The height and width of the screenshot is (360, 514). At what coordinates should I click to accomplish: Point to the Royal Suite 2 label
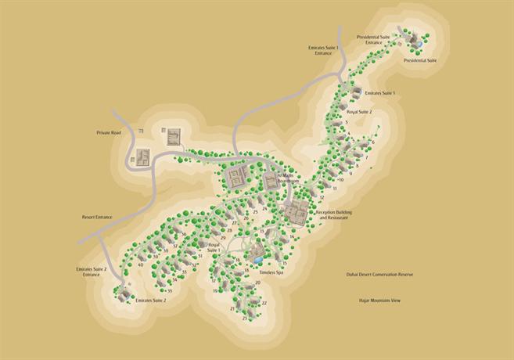point(359,112)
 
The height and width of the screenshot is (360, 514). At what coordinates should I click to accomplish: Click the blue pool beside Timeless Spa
point(257,259)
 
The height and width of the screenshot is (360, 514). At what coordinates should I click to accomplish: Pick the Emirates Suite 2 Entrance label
point(90,272)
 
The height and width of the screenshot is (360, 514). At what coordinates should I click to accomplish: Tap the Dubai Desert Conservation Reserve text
point(379,275)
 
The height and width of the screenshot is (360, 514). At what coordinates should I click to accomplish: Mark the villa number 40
point(140,265)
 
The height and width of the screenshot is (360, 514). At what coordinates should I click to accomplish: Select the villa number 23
point(245,319)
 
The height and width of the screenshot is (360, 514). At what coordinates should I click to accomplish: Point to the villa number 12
point(322,198)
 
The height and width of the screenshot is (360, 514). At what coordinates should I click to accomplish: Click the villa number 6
point(373,142)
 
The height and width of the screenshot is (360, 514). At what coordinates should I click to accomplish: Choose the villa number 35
point(169,291)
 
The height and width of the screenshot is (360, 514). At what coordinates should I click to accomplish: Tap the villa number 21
point(232,309)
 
